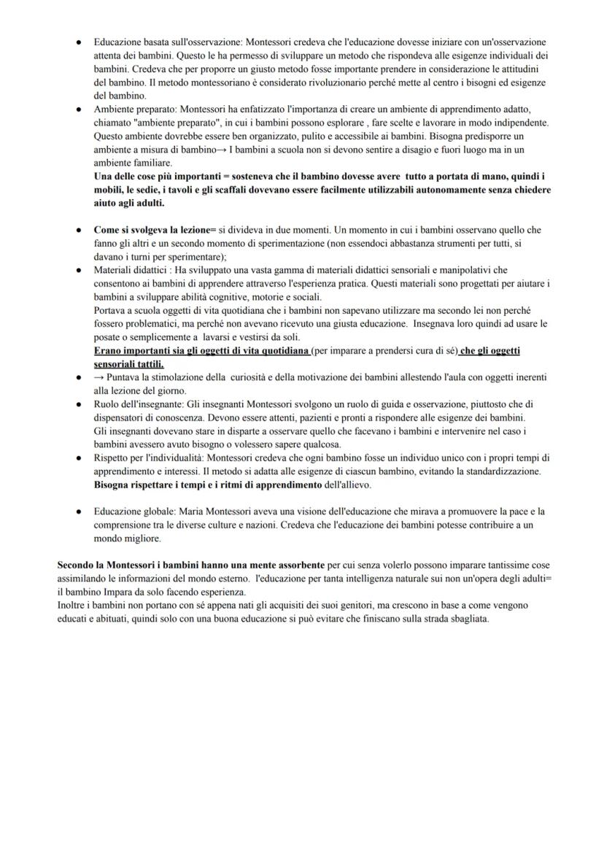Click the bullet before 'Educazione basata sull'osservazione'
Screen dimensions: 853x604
pyautogui.click(x=77, y=43)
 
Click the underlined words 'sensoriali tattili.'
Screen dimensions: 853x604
pyautogui.click(x=129, y=363)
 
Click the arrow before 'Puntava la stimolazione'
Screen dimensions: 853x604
pyautogui.click(x=98, y=377)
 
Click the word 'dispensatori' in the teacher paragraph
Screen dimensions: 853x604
pyautogui.click(x=123, y=417)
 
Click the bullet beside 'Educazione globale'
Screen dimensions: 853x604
pyautogui.click(x=77, y=512)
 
